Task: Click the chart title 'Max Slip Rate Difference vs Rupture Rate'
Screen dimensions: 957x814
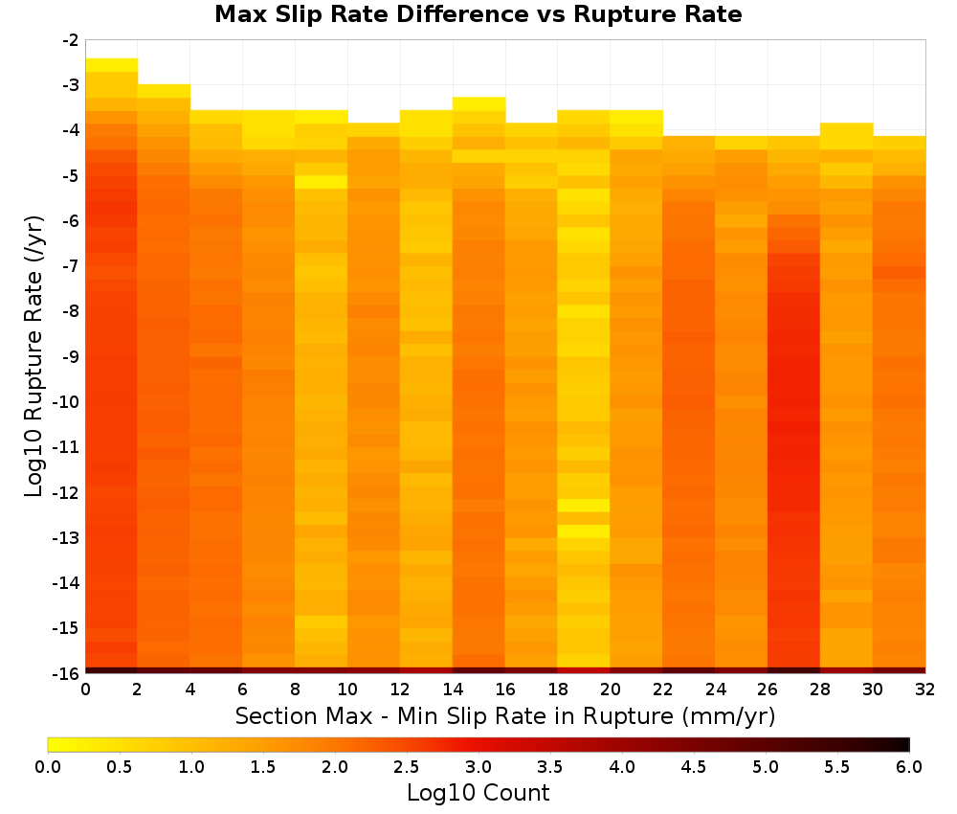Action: (478, 14)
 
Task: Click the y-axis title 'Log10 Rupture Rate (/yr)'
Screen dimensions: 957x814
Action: (33, 356)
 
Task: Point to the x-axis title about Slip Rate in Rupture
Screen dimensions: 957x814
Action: (504, 715)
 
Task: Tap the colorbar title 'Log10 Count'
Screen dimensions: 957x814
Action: (478, 793)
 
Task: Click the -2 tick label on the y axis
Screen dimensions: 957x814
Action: (70, 40)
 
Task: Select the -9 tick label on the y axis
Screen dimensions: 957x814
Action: (70, 356)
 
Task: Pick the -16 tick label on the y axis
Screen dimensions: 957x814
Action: (66, 673)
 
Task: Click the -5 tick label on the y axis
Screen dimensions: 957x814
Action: (70, 176)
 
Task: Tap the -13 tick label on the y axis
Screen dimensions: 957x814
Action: (66, 537)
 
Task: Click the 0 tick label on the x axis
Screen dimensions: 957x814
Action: (85, 690)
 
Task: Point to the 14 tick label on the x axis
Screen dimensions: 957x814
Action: (453, 690)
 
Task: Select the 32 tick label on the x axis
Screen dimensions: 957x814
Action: (924, 690)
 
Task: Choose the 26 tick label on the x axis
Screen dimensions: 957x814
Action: (768, 690)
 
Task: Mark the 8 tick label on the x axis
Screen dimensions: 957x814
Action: (295, 690)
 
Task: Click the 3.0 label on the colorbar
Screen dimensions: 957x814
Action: (478, 767)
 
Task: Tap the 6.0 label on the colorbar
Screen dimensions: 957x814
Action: (909, 767)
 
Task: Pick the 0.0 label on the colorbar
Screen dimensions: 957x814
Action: (48, 767)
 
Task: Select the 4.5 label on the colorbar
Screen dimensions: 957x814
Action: (693, 767)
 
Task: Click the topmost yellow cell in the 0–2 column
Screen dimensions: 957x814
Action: (111, 65)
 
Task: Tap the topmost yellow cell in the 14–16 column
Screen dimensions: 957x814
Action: (478, 103)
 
